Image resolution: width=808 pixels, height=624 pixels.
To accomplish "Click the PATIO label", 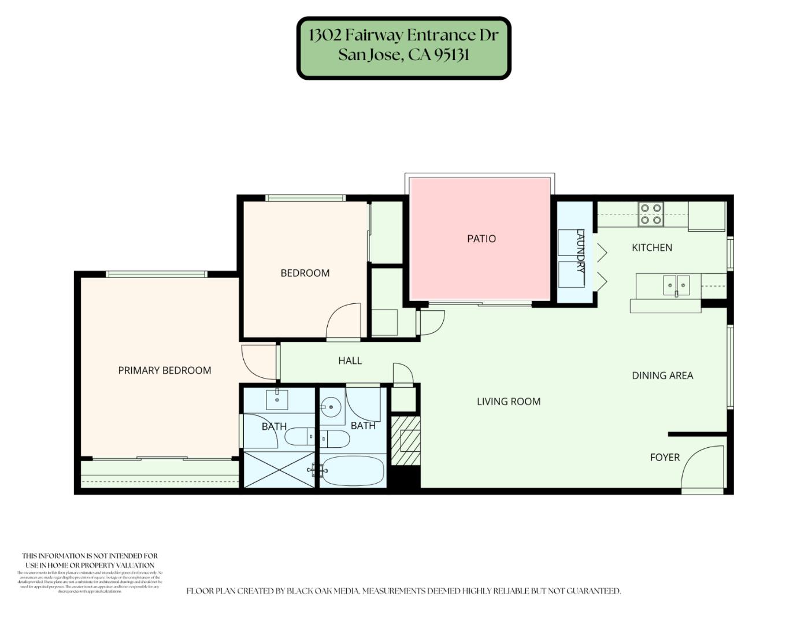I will pyautogui.click(x=481, y=239).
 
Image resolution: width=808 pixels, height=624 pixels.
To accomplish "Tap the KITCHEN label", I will pyautogui.click(x=651, y=247).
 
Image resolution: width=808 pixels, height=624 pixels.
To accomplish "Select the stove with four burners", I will pyautogui.click(x=651, y=214).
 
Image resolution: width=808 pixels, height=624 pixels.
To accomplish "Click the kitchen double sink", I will pyautogui.click(x=676, y=284).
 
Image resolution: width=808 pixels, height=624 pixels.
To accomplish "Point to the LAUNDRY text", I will pyautogui.click(x=580, y=252).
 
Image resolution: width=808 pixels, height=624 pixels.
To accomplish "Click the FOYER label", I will pyautogui.click(x=665, y=457).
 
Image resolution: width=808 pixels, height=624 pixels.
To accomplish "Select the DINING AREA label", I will pyautogui.click(x=662, y=376).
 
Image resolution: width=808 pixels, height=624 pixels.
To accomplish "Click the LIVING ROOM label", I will pyautogui.click(x=509, y=402).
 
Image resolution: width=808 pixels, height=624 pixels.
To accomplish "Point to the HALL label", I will pyautogui.click(x=350, y=361).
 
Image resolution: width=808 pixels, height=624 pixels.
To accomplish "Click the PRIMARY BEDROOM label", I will pyautogui.click(x=165, y=370).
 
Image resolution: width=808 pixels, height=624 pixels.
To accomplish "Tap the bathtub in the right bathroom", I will pyautogui.click(x=353, y=470).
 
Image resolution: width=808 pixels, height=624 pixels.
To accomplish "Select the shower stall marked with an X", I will pyautogui.click(x=279, y=470).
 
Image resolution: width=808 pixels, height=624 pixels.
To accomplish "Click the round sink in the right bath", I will pyautogui.click(x=331, y=407).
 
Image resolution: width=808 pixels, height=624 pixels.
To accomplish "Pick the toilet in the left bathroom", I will pyautogui.click(x=299, y=437).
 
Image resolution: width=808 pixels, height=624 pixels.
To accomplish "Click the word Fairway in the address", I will pyautogui.click(x=373, y=35).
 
